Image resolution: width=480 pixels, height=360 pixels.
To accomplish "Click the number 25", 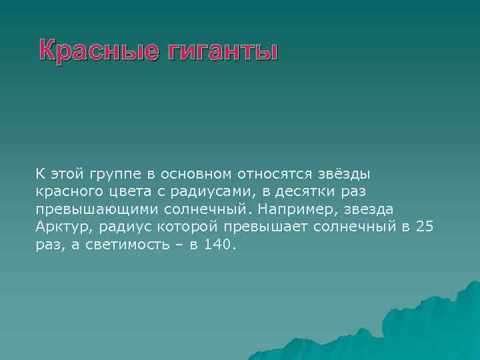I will click(x=425, y=227).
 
